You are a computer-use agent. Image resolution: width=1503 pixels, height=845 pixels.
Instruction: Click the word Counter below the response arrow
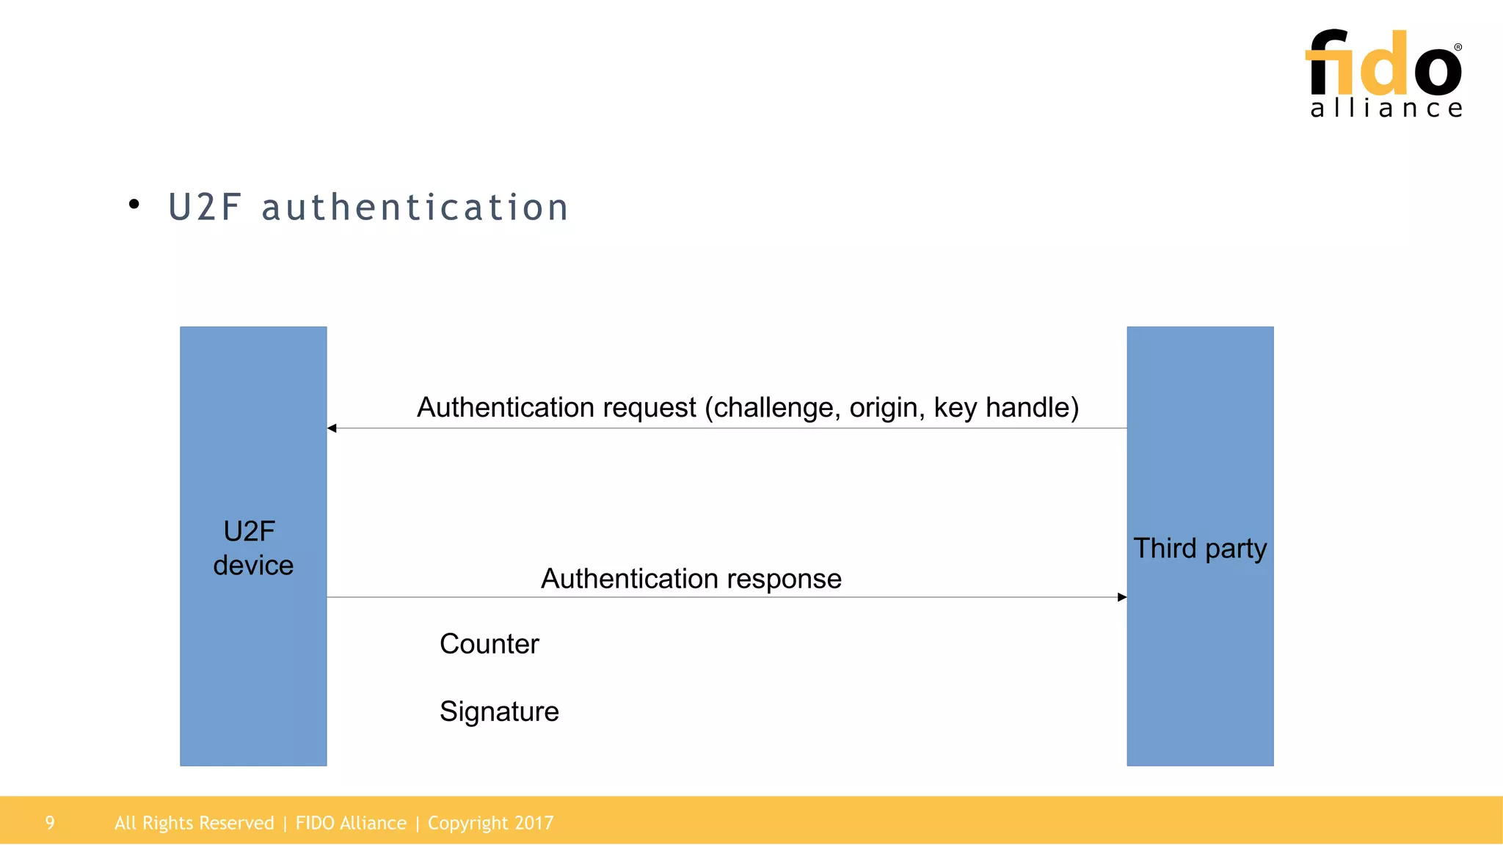tap(489, 644)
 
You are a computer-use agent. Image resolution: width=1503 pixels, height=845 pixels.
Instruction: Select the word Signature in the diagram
tap(499, 712)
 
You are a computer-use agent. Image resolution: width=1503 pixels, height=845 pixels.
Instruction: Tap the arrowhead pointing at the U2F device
tap(332, 428)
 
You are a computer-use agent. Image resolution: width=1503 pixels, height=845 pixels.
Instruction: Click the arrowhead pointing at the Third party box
tap(1121, 597)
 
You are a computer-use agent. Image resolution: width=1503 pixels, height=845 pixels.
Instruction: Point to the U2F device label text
tap(252, 548)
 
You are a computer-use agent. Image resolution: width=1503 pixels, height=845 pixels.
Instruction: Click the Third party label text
tap(1200, 549)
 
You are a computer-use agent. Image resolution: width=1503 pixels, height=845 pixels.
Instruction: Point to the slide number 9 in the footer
tap(50, 823)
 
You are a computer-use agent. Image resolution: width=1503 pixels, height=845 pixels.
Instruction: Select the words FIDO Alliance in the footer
tap(351, 823)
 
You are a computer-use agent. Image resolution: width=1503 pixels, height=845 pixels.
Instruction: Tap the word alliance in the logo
tap(1386, 109)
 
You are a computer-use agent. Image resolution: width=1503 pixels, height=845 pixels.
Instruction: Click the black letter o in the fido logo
tap(1438, 71)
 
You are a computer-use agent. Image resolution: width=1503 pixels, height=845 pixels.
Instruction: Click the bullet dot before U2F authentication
tap(134, 205)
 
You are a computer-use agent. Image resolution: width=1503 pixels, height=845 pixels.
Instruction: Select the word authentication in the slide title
tap(415, 207)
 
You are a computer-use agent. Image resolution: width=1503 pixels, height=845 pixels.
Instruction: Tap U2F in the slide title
tap(205, 207)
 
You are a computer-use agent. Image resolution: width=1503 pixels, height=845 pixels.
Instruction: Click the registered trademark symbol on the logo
tap(1457, 48)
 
